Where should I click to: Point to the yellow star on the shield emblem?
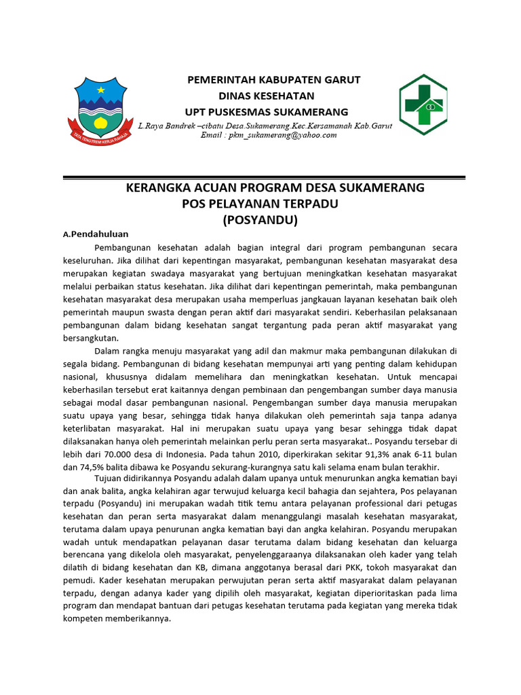101,90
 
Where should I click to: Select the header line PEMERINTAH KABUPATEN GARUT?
273,80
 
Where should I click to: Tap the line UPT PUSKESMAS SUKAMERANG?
267,111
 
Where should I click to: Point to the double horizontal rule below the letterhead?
264,178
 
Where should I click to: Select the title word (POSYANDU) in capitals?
260,220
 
